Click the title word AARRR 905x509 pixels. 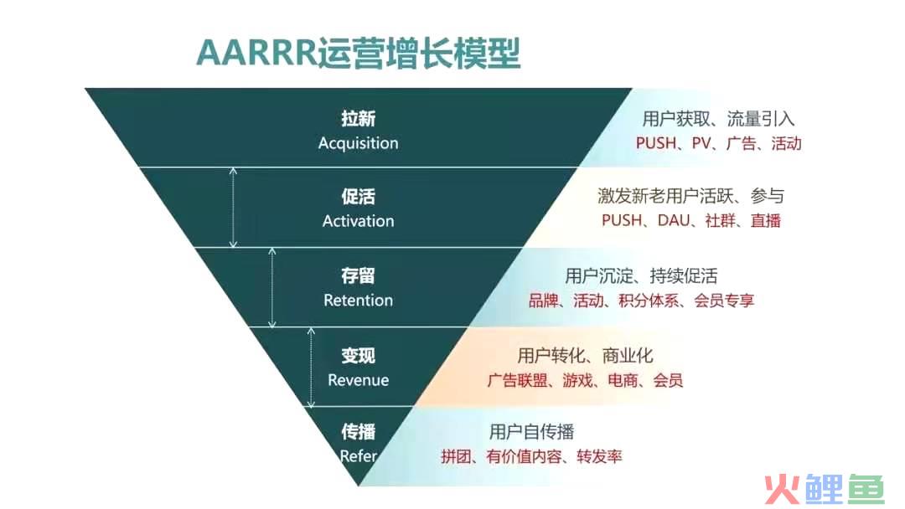pyautogui.click(x=257, y=54)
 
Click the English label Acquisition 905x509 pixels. pyautogui.click(x=358, y=143)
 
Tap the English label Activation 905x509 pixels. pyautogui.click(x=358, y=221)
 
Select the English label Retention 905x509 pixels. pyautogui.click(x=358, y=301)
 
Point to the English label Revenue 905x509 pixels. pyautogui.click(x=358, y=380)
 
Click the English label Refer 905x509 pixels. pyautogui.click(x=358, y=456)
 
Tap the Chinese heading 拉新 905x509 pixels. pyautogui.click(x=358, y=119)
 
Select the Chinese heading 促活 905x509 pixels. pyautogui.click(x=358, y=197)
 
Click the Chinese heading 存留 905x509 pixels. pyautogui.click(x=358, y=276)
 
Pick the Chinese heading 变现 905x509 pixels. pyautogui.click(x=358, y=356)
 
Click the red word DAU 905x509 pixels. pyautogui.click(x=674, y=220)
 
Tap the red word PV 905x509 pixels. pyautogui.click(x=701, y=143)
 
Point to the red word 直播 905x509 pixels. pyautogui.click(x=766, y=220)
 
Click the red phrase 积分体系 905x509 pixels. pyautogui.click(x=649, y=301)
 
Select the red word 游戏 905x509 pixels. pyautogui.click(x=577, y=380)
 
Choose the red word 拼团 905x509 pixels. pyautogui.click(x=456, y=456)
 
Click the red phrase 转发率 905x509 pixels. pyautogui.click(x=599, y=456)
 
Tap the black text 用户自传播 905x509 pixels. pyautogui.click(x=531, y=432)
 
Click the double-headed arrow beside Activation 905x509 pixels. pyautogui.click(x=233, y=208)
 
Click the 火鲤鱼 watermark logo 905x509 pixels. pyautogui.click(x=825, y=490)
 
